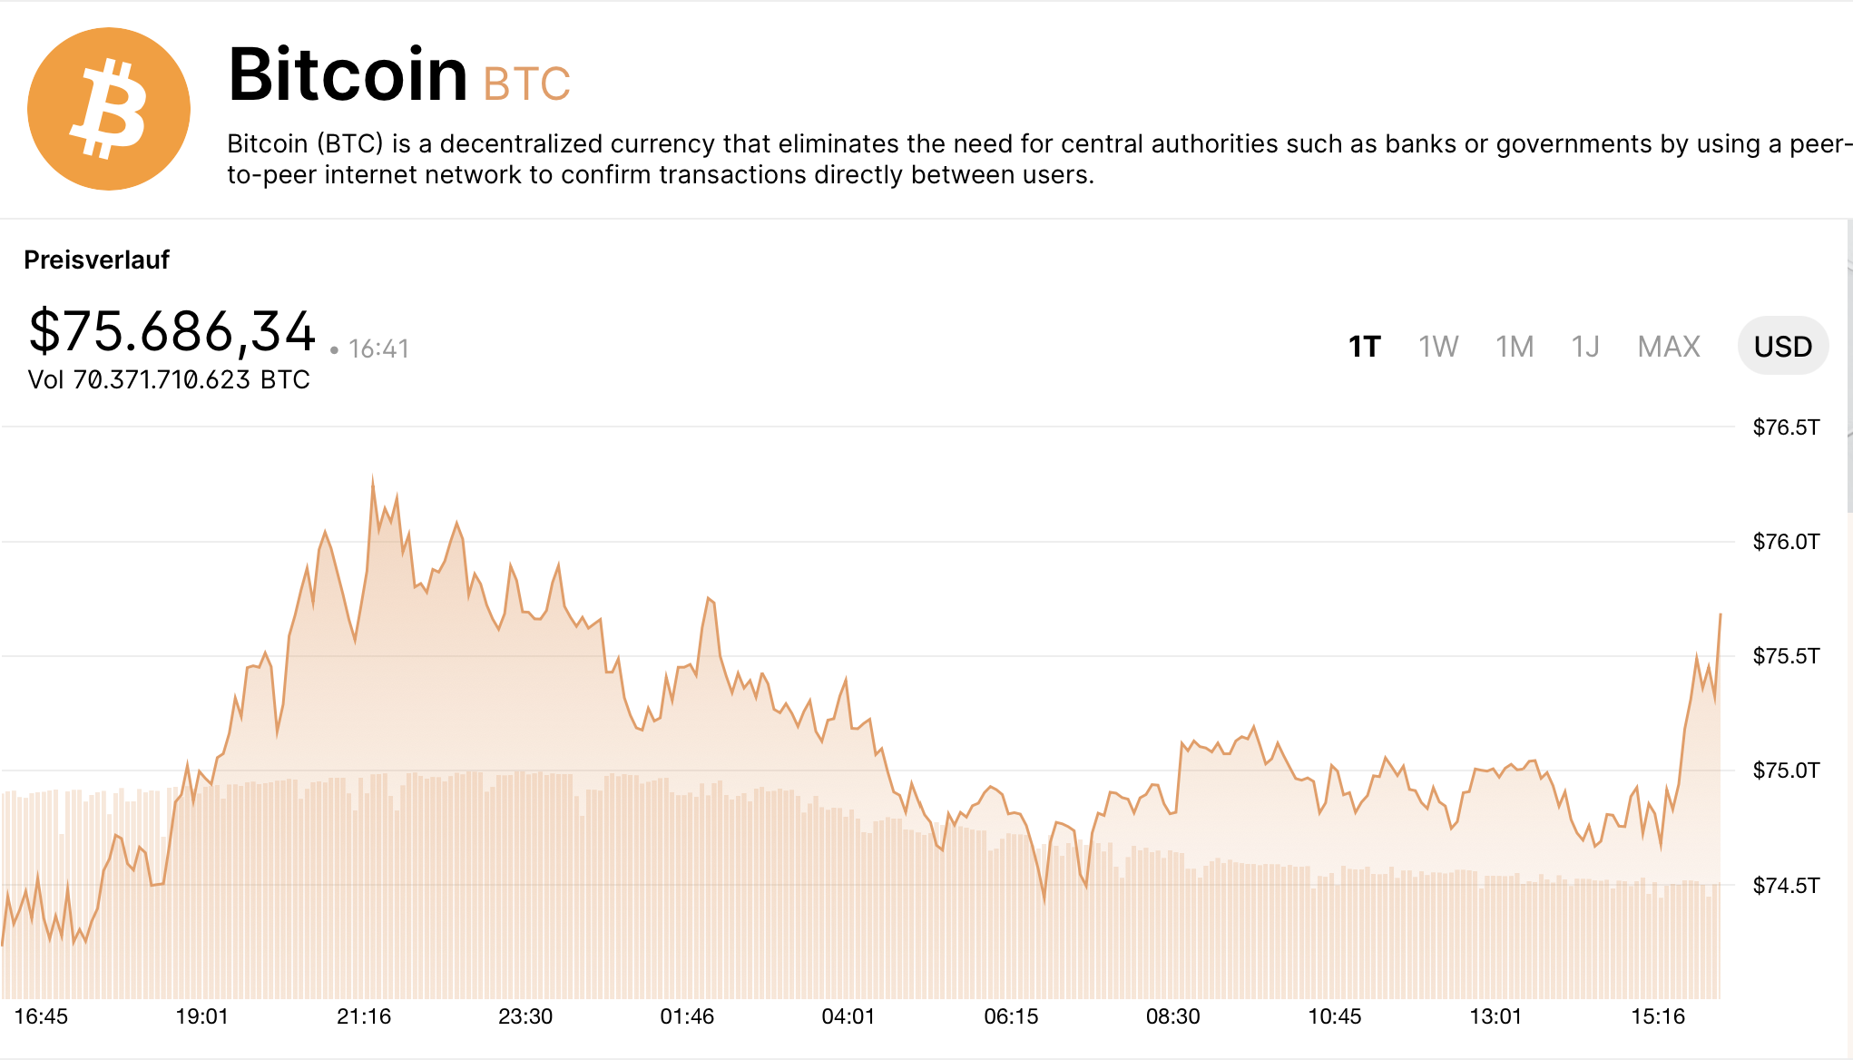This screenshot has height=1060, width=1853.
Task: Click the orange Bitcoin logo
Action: (109, 109)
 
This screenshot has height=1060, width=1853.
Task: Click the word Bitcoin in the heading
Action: (348, 74)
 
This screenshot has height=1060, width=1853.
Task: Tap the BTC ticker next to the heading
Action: (526, 83)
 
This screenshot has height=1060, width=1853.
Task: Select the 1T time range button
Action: (1364, 347)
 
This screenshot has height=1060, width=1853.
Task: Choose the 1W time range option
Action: (1438, 347)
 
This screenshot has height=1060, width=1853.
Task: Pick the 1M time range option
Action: (1515, 347)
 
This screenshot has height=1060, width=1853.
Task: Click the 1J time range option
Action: (1585, 347)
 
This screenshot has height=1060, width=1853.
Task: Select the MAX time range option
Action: (1669, 347)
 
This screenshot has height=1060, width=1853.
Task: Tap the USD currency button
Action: (1782, 347)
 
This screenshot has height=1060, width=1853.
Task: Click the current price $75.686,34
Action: (172, 331)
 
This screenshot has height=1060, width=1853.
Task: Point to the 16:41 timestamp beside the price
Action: (378, 348)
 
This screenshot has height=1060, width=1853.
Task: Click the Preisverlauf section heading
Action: (97, 260)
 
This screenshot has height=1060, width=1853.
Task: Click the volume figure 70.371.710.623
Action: (162, 379)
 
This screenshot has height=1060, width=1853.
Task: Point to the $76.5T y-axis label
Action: (1786, 427)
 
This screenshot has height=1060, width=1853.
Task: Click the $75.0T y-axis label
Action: (1786, 770)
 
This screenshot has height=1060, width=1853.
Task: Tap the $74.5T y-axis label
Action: (1786, 885)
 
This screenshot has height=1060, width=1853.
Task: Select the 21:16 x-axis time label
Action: (364, 1016)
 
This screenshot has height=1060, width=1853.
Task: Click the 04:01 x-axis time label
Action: (848, 1016)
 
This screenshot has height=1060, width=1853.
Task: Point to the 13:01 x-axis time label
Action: (1495, 1016)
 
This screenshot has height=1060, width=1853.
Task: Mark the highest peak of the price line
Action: (373, 476)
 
